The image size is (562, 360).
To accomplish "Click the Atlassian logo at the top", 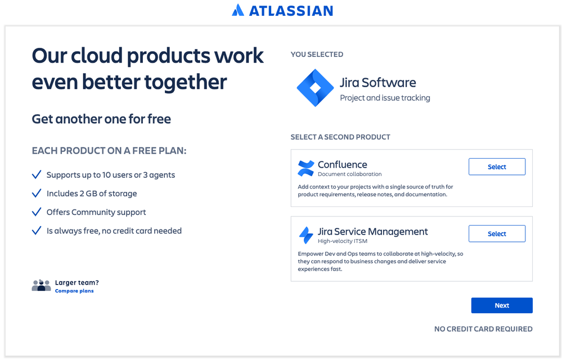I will pos(282,10).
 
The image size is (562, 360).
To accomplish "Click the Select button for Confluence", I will pos(497,167).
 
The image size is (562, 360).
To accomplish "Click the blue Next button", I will pos(502,305).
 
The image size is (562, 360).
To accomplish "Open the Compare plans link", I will pos(74,291).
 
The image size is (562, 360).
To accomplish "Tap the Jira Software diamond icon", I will pos(315,88).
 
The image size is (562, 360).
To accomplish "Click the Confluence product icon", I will pos(306,168).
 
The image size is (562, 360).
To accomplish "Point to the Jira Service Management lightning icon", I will pos(306,235).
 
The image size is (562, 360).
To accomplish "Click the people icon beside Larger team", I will pos(41,286).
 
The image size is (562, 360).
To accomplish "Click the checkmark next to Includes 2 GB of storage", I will pos(37,193).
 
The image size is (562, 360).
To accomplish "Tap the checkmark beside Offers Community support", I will pos(37,212).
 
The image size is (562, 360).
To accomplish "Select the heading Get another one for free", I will pos(101,119).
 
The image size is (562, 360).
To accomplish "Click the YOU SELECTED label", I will pos(317,55).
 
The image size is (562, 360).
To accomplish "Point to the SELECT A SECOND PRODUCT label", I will pos(340,137).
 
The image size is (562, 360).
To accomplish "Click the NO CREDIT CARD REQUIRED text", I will pos(483,329).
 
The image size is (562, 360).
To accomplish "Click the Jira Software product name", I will pos(377,83).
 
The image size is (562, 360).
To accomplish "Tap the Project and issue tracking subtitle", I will pos(385,98).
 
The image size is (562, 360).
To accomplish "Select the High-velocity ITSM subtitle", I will pos(343,241).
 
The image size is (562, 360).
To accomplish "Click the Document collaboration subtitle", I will pos(349,174).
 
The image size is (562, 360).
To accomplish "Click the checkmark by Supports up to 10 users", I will pos(37,175).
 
